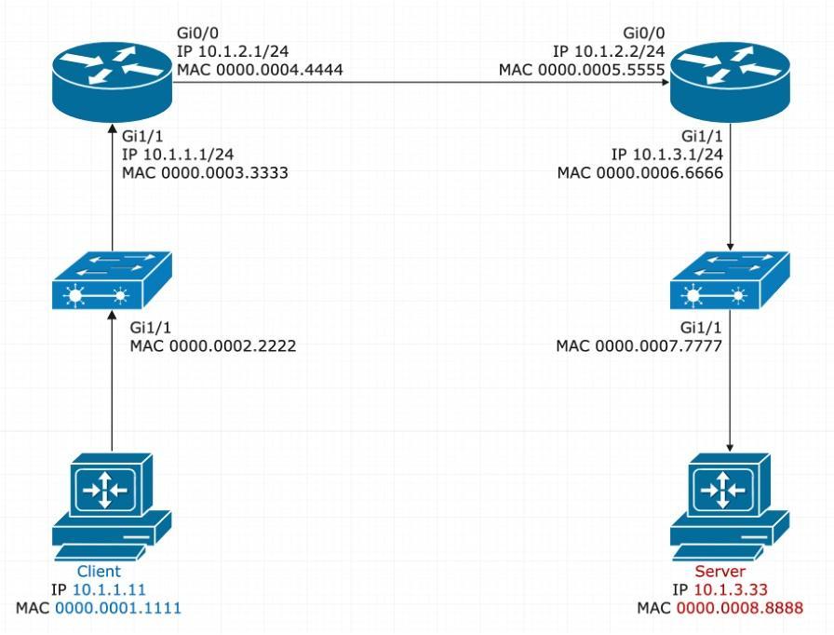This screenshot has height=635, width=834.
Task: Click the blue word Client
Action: (x=99, y=571)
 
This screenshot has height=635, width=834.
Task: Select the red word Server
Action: (x=720, y=571)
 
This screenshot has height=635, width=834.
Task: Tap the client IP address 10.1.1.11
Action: (x=111, y=589)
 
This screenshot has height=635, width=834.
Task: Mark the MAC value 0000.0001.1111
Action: (x=118, y=608)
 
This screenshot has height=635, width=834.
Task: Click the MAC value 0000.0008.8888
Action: (x=740, y=608)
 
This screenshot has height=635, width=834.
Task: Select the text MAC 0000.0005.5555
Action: (x=583, y=69)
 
